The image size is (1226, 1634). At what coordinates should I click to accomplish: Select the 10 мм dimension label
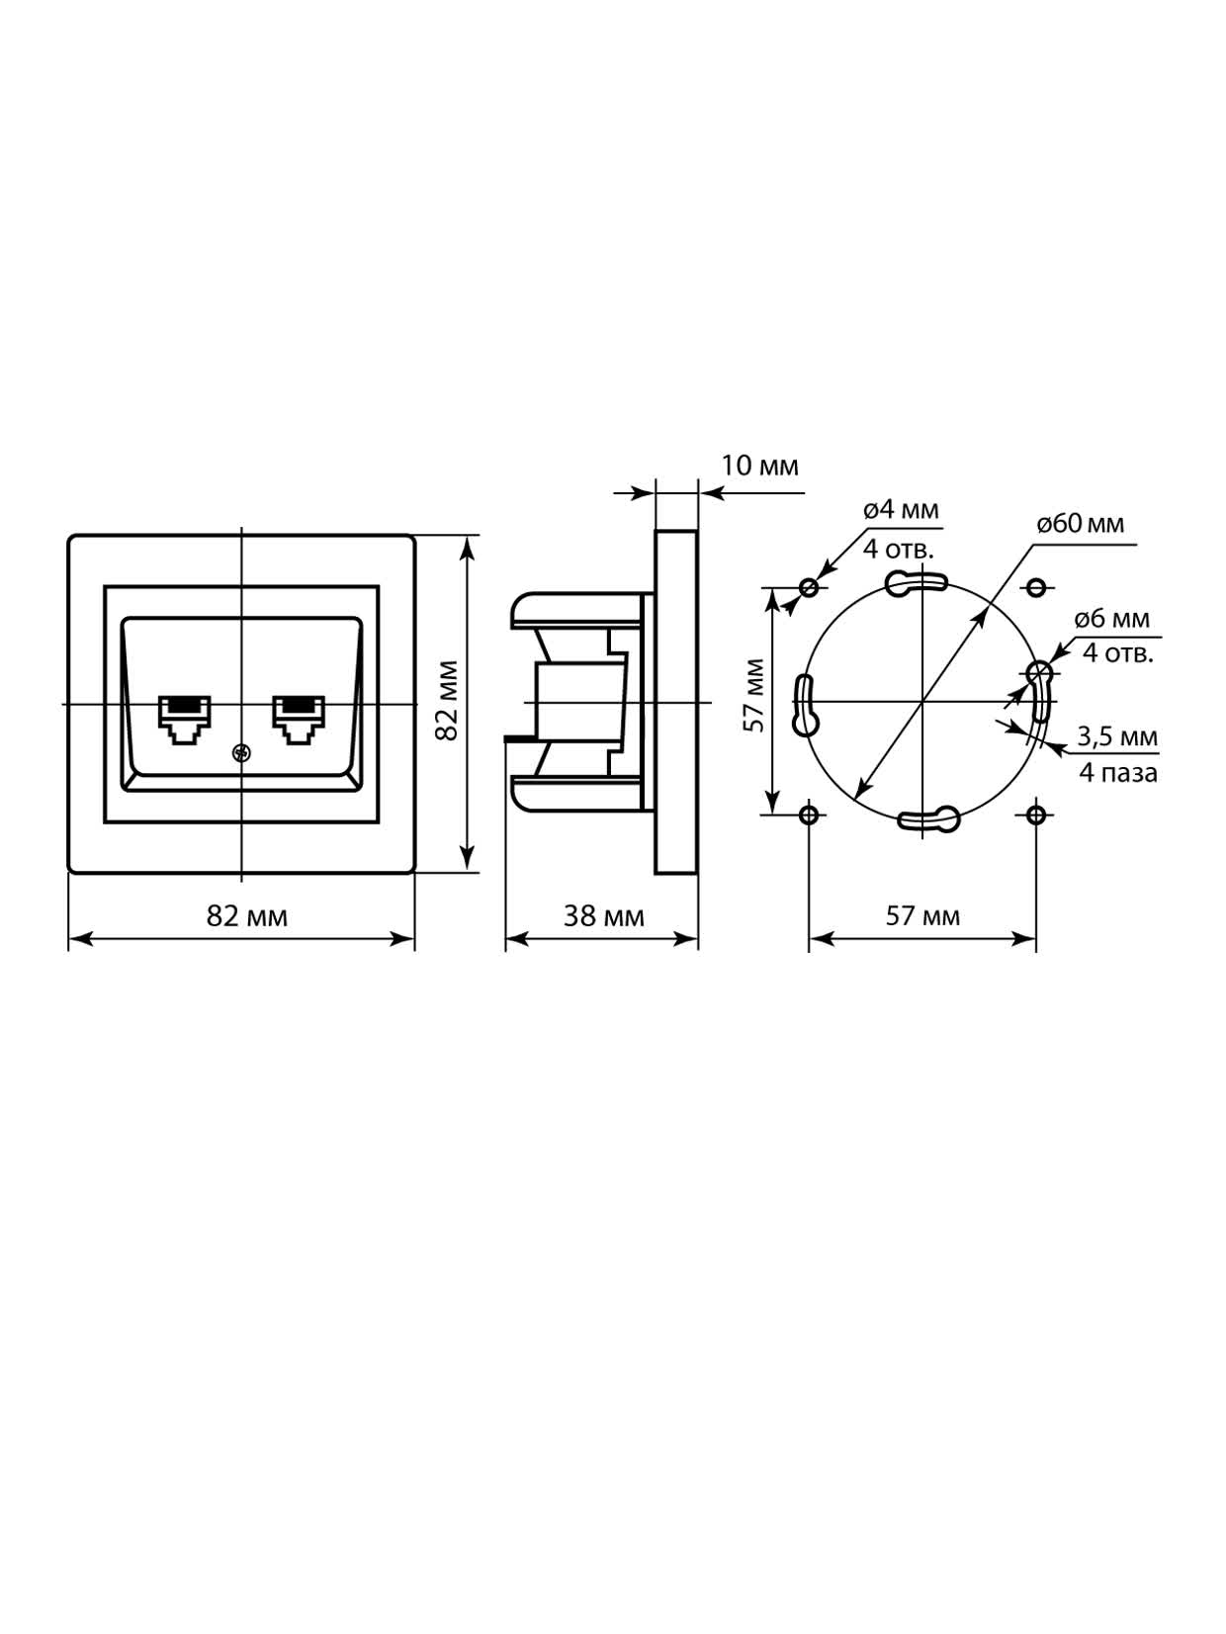759,467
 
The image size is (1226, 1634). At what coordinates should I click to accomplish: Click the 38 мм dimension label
603,916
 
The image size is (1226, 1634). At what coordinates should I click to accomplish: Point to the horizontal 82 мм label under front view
246,916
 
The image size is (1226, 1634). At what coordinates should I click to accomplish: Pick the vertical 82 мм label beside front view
446,701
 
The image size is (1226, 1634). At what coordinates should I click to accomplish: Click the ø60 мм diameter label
1080,524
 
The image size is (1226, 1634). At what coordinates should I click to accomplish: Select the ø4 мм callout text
901,510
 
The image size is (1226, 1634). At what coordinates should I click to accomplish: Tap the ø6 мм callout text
1112,619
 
